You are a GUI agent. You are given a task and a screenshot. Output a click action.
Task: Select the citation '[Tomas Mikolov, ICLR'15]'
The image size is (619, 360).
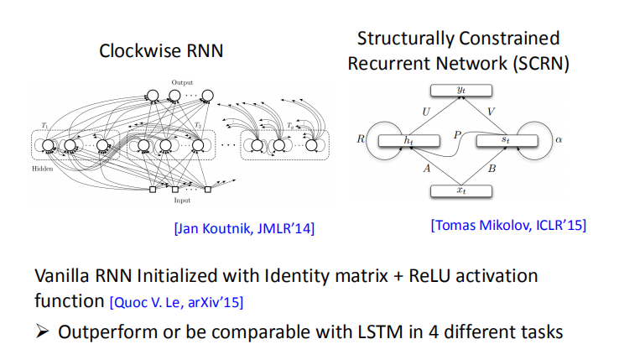(x=508, y=224)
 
